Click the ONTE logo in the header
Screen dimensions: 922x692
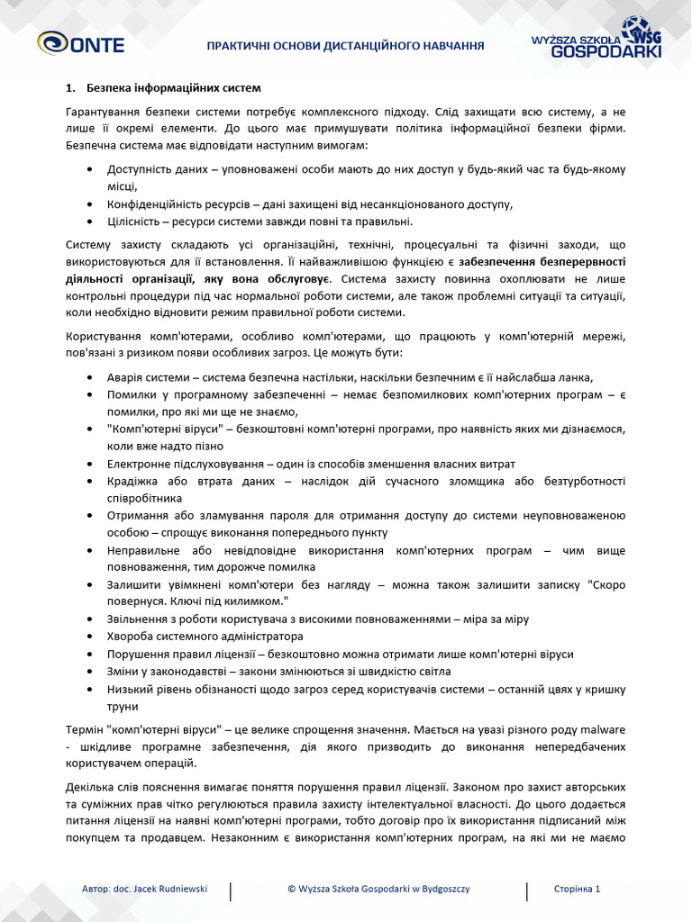click(80, 43)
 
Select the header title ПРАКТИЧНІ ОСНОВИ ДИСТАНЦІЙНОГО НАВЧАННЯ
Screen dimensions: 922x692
click(346, 45)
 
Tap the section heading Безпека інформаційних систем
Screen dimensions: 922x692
click(174, 88)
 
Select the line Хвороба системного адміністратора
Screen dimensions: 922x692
click(206, 637)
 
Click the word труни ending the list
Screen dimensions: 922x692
click(123, 706)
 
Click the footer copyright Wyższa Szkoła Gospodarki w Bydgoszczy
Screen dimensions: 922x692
click(378, 889)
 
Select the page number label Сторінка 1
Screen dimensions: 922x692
click(577, 889)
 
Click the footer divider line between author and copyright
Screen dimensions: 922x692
click(232, 890)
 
